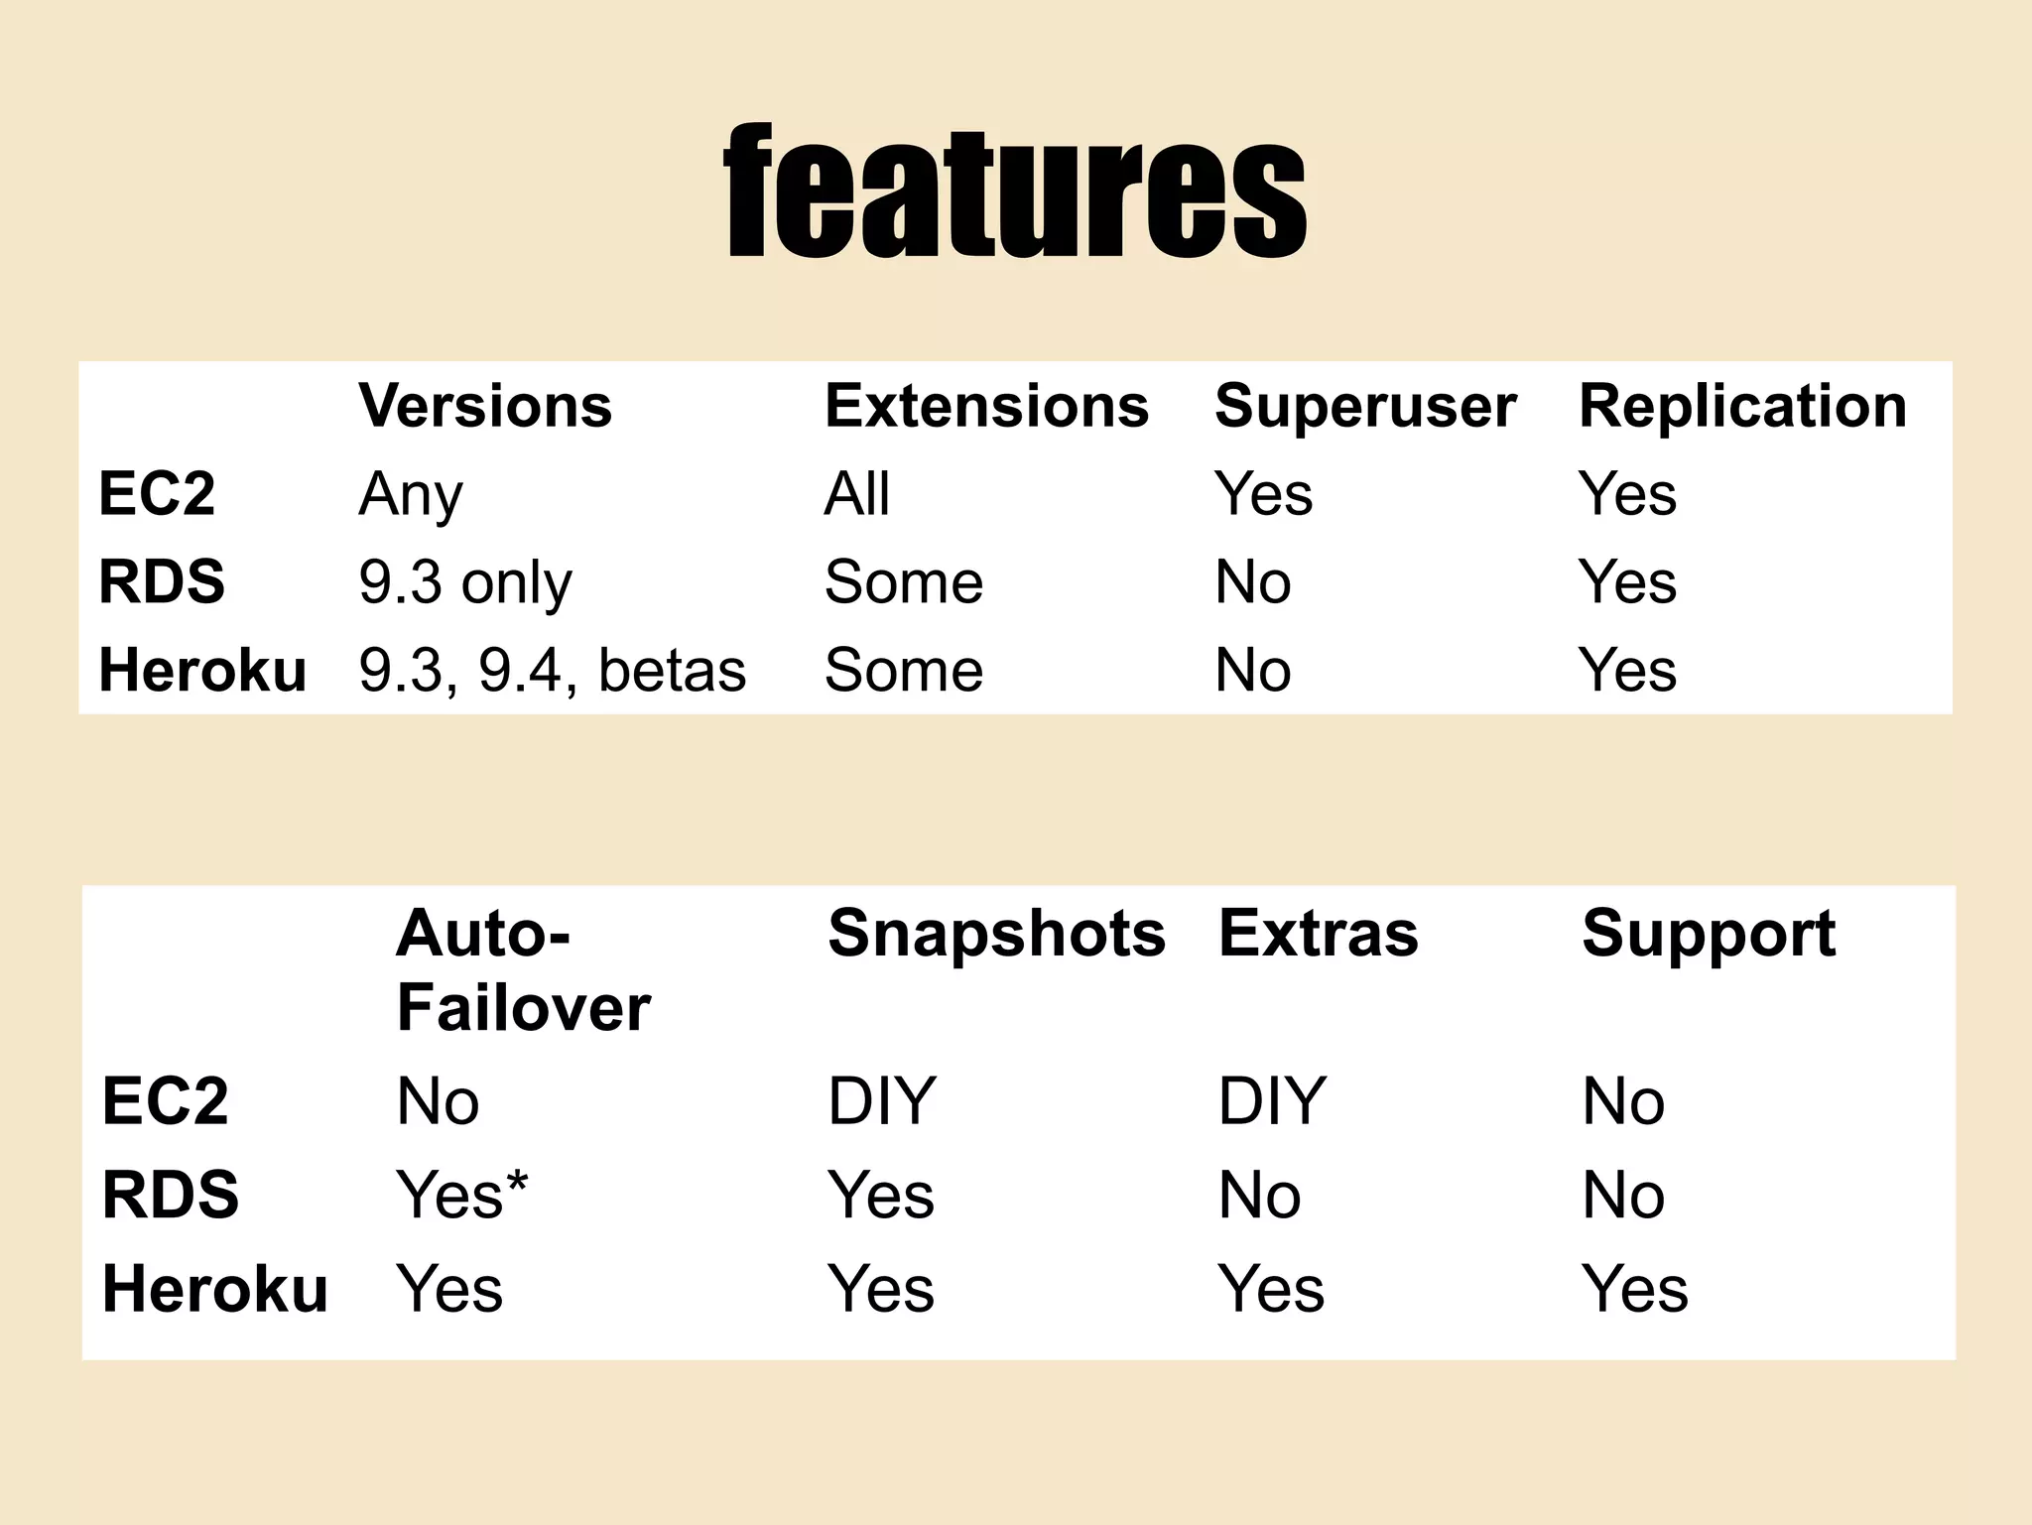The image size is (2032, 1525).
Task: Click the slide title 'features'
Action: [1015, 191]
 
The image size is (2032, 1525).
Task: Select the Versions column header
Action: [485, 406]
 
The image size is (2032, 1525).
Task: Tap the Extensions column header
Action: [986, 406]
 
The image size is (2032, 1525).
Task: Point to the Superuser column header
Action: [1365, 406]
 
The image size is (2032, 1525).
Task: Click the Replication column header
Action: [1742, 406]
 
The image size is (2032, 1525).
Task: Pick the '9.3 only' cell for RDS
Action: [464, 581]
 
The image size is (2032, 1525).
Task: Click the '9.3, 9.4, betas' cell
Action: [552, 670]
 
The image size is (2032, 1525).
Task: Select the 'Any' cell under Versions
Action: [410, 494]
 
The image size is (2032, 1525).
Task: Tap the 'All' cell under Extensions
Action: [856, 494]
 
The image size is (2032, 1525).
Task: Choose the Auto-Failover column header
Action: [523, 970]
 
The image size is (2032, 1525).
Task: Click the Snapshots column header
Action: [996, 934]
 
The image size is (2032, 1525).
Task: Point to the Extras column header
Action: [1318, 934]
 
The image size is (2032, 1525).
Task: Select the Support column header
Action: [1709, 934]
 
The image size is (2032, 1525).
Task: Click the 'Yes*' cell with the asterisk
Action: [461, 1194]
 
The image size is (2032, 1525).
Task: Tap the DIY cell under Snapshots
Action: [881, 1100]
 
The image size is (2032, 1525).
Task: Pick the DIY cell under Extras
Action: [1271, 1100]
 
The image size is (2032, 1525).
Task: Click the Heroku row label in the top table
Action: [202, 670]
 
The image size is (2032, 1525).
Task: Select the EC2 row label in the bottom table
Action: [165, 1100]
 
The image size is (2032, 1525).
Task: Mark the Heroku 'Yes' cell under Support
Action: [1634, 1289]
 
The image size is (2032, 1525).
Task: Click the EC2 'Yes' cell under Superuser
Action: [1263, 494]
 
